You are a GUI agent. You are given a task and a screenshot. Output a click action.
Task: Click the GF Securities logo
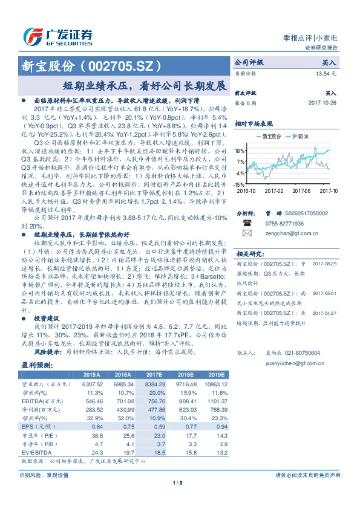(58, 34)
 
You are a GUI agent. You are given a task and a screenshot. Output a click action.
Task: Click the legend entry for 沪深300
(299, 137)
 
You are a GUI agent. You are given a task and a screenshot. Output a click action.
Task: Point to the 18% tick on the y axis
(240, 150)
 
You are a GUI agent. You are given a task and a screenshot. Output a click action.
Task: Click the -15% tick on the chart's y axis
(240, 184)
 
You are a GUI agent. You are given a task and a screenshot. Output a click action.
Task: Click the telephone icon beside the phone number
(246, 223)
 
